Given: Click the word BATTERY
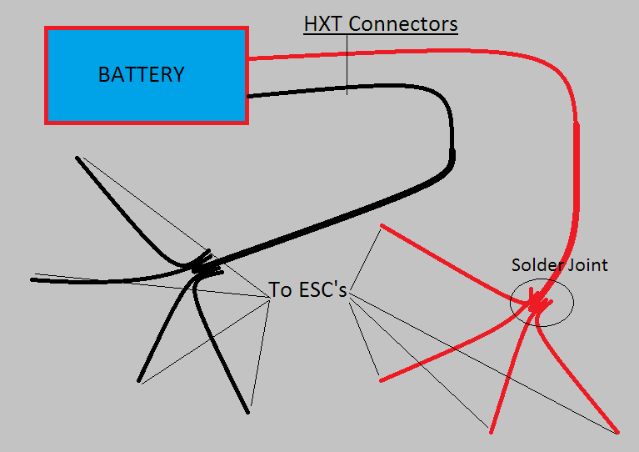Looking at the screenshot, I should pyautogui.click(x=141, y=74).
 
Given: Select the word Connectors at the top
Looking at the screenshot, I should pyautogui.click(x=402, y=23).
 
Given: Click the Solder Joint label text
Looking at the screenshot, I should pyautogui.click(x=559, y=265).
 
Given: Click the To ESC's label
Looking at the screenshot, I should pyautogui.click(x=307, y=290).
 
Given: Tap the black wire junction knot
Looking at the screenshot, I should pyautogui.click(x=200, y=269).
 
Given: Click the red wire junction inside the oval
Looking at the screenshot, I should pyautogui.click(x=537, y=305).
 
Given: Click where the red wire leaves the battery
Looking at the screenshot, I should pyautogui.click(x=250, y=58).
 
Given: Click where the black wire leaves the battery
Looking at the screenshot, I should pyautogui.click(x=250, y=96).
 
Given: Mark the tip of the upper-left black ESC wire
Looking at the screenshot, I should pyautogui.click(x=77, y=158).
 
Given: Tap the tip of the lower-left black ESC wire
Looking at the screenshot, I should pyautogui.click(x=140, y=382).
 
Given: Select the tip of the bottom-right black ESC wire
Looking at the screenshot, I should pyautogui.click(x=247, y=411).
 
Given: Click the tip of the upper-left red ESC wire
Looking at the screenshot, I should pyautogui.click(x=382, y=225).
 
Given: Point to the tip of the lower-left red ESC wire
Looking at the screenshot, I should pyautogui.click(x=381, y=380).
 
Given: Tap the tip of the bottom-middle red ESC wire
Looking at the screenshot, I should pyautogui.click(x=491, y=431).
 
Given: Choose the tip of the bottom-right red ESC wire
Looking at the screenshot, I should pyautogui.click(x=617, y=432).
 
